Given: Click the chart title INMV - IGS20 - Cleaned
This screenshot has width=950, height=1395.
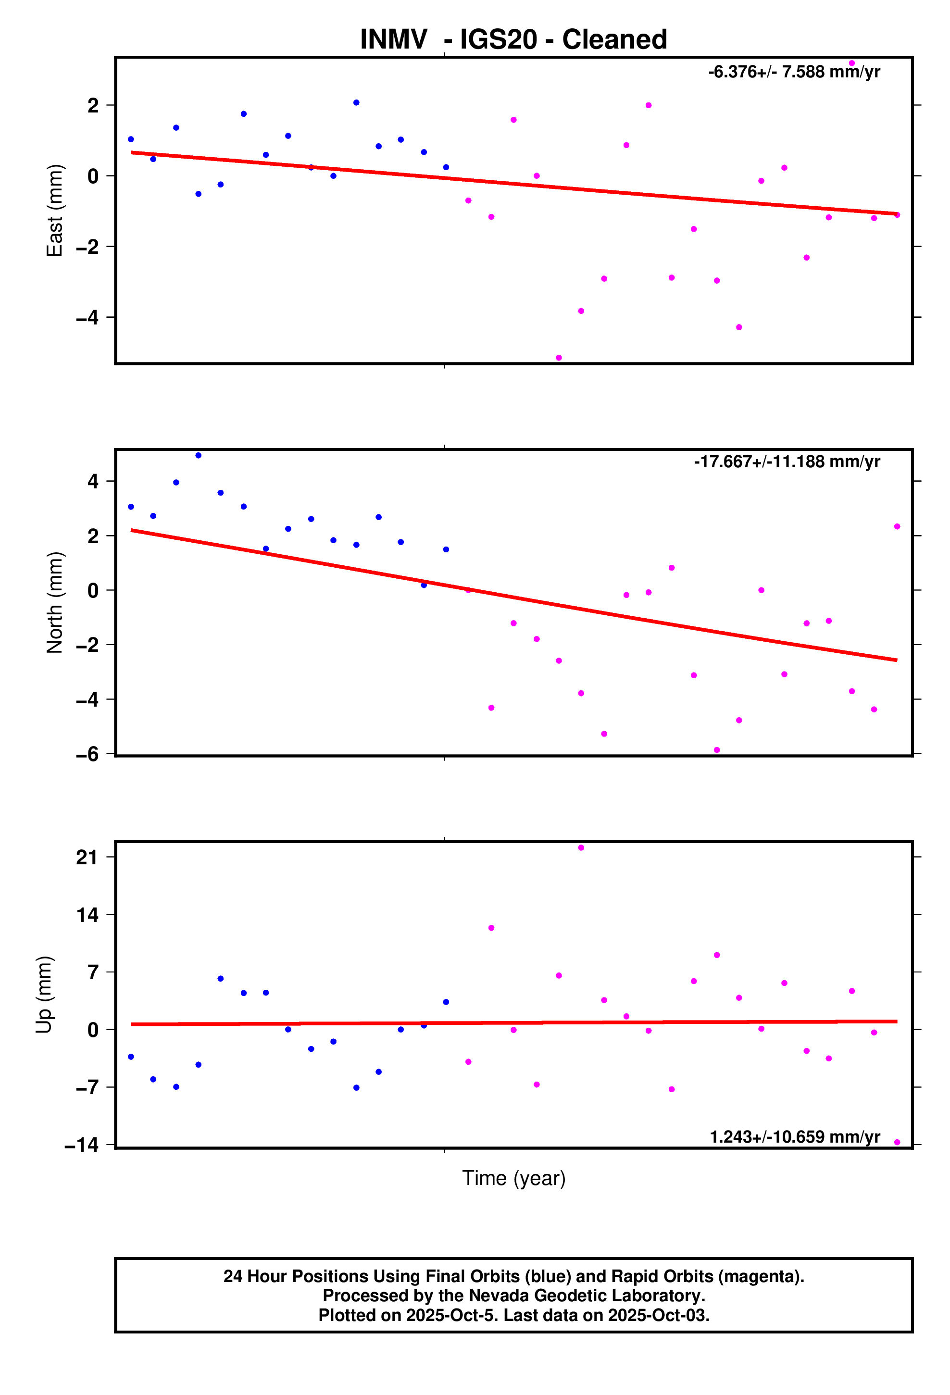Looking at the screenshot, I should click(x=513, y=39).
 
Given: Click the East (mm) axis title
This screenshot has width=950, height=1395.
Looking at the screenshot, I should click(x=55, y=210).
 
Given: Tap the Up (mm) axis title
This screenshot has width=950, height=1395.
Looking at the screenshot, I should click(x=44, y=994).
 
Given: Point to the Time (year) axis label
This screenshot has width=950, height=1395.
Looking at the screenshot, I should click(x=513, y=1178).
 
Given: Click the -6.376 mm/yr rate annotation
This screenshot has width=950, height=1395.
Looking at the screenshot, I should click(x=794, y=72).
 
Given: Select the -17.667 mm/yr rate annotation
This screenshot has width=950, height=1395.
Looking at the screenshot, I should click(x=787, y=461).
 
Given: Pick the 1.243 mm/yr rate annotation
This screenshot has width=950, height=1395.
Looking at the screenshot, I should click(x=794, y=1137).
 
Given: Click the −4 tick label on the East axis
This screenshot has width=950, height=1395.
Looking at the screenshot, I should click(x=87, y=318).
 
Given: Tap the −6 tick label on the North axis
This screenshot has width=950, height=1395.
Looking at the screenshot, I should click(x=87, y=755).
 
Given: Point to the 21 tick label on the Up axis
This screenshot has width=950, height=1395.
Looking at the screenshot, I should click(x=87, y=857).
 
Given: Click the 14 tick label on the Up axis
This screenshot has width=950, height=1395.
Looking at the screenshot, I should click(x=87, y=915).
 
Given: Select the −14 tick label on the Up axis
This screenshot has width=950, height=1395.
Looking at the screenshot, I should click(x=82, y=1145).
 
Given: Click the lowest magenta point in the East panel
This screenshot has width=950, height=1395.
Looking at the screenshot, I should click(x=559, y=358).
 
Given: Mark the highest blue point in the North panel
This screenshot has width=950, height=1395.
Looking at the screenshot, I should click(x=198, y=456).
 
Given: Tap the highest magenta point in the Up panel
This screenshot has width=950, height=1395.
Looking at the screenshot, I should click(x=581, y=847).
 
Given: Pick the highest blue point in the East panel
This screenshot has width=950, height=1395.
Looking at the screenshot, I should click(x=356, y=103).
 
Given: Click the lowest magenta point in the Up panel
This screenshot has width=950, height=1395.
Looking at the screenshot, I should click(x=897, y=1142).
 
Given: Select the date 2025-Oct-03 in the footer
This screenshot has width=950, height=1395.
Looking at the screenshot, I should click(x=658, y=1315).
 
